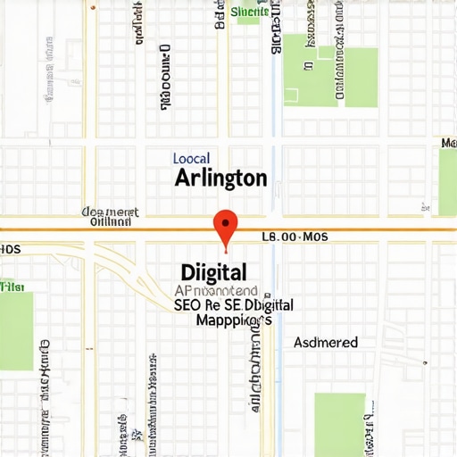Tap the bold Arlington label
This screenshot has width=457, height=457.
(220, 178)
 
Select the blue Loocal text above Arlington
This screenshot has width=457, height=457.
(191, 158)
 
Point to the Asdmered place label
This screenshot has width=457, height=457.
(326, 343)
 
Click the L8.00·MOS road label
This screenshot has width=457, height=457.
(295, 237)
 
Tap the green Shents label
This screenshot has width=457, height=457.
(250, 12)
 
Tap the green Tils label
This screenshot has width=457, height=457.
(12, 287)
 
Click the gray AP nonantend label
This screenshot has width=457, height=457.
(216, 291)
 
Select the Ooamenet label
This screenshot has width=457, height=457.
(111, 212)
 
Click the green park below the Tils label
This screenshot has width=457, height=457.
(16, 330)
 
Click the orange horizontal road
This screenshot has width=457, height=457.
(357, 229)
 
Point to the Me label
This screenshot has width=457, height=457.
(449, 144)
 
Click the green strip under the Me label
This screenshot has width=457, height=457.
(447, 183)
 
